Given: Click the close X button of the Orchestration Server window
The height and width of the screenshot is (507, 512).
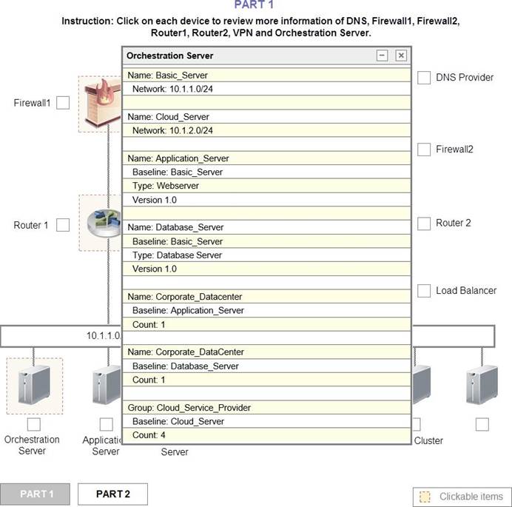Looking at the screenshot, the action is click(401, 56).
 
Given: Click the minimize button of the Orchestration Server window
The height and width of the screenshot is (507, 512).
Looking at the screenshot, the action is click(382, 56).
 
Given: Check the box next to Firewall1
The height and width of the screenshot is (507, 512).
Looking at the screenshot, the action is click(63, 103).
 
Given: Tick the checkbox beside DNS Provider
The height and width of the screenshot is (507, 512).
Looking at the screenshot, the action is click(424, 78).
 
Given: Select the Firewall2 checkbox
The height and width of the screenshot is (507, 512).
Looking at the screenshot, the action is click(424, 150).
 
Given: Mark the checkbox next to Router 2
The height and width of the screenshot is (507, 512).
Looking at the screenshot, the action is click(424, 224).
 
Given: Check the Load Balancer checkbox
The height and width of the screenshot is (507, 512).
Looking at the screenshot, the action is click(424, 291).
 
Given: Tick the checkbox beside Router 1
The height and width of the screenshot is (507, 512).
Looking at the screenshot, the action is click(63, 225).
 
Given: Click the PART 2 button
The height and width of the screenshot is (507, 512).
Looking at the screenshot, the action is click(112, 494).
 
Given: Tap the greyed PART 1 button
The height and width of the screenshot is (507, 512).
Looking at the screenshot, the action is click(35, 494).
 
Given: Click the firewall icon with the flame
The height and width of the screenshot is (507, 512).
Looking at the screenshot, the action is click(103, 103).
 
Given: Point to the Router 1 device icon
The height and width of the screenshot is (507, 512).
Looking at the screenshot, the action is click(104, 223).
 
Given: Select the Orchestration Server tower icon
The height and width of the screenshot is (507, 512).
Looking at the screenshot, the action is click(34, 385).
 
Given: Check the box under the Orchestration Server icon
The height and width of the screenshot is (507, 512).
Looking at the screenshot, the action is click(34, 424).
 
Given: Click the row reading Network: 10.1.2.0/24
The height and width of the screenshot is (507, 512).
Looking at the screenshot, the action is click(266, 130).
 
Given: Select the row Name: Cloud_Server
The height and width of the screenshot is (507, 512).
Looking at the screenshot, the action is click(266, 117).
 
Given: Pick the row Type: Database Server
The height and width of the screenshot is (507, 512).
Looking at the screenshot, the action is click(266, 255).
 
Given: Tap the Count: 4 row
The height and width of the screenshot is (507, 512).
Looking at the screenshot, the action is click(266, 435).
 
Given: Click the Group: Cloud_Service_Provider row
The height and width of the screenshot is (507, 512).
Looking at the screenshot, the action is click(266, 407).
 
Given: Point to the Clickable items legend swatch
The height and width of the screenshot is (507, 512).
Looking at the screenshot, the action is click(425, 497).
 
